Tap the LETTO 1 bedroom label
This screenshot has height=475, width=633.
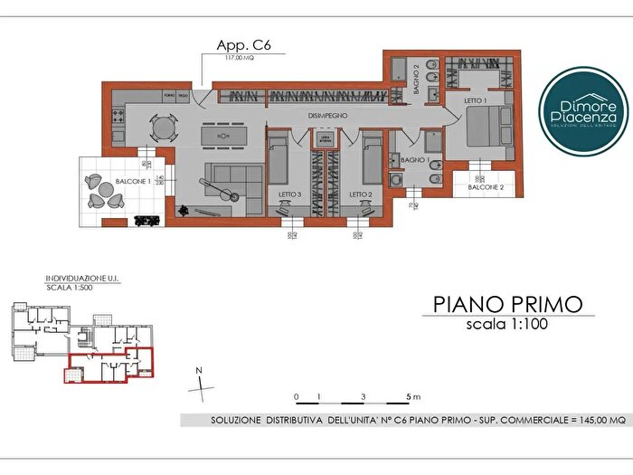[x=476, y=100]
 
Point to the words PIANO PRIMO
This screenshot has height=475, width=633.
[x=507, y=303]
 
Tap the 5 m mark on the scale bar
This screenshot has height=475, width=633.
[x=409, y=397]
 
